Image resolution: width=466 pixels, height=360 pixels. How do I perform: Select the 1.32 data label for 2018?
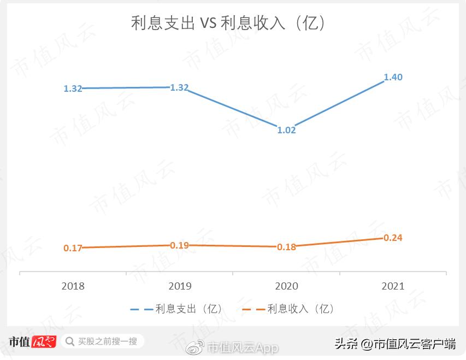73,88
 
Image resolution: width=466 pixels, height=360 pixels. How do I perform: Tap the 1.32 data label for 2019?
179,87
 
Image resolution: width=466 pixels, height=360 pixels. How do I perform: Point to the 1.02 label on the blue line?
286,130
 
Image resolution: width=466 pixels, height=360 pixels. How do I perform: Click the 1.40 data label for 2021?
393,77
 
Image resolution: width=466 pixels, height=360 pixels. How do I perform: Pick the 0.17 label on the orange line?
73,248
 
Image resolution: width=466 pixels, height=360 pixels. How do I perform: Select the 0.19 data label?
179,245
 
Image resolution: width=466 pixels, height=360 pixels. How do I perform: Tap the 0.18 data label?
286,247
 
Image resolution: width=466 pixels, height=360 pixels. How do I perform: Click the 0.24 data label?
393,238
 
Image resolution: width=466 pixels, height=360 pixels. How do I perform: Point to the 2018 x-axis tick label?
73,286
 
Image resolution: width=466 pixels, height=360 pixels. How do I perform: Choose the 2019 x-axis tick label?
180,286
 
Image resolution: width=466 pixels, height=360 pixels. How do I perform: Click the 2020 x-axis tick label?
286,286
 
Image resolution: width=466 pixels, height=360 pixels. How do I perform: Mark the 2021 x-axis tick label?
393,286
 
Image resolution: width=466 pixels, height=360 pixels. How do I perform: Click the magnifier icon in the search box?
70,341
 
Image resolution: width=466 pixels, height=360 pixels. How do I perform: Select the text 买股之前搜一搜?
108,341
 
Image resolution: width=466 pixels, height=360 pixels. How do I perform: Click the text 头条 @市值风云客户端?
396,344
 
